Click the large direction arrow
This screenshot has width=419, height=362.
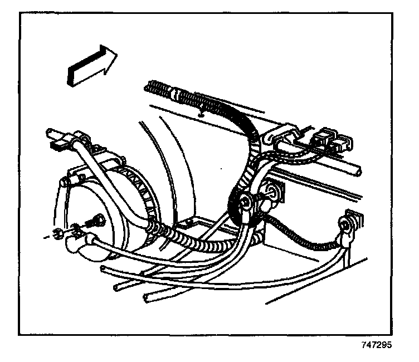tap(91, 65)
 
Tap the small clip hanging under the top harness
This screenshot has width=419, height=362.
tap(199, 114)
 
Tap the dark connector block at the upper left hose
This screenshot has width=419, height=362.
tap(56, 146)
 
